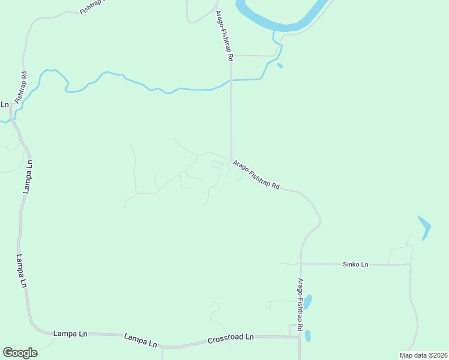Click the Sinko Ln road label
(x=355, y=264)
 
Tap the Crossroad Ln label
(x=231, y=338)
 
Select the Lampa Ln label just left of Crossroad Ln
(x=140, y=340)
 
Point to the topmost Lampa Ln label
(x=28, y=176)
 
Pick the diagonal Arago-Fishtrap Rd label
(x=256, y=175)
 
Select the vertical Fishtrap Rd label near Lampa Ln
(x=21, y=87)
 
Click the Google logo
(x=20, y=353)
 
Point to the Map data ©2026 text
(x=423, y=355)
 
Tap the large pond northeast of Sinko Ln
(x=424, y=227)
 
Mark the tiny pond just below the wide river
(x=280, y=65)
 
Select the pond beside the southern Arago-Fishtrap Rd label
(x=308, y=301)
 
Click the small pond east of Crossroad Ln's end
(x=308, y=335)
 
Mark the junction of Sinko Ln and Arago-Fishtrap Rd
(x=301, y=263)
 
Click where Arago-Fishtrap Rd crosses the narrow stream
(x=231, y=80)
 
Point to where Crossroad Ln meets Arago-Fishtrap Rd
(x=299, y=337)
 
